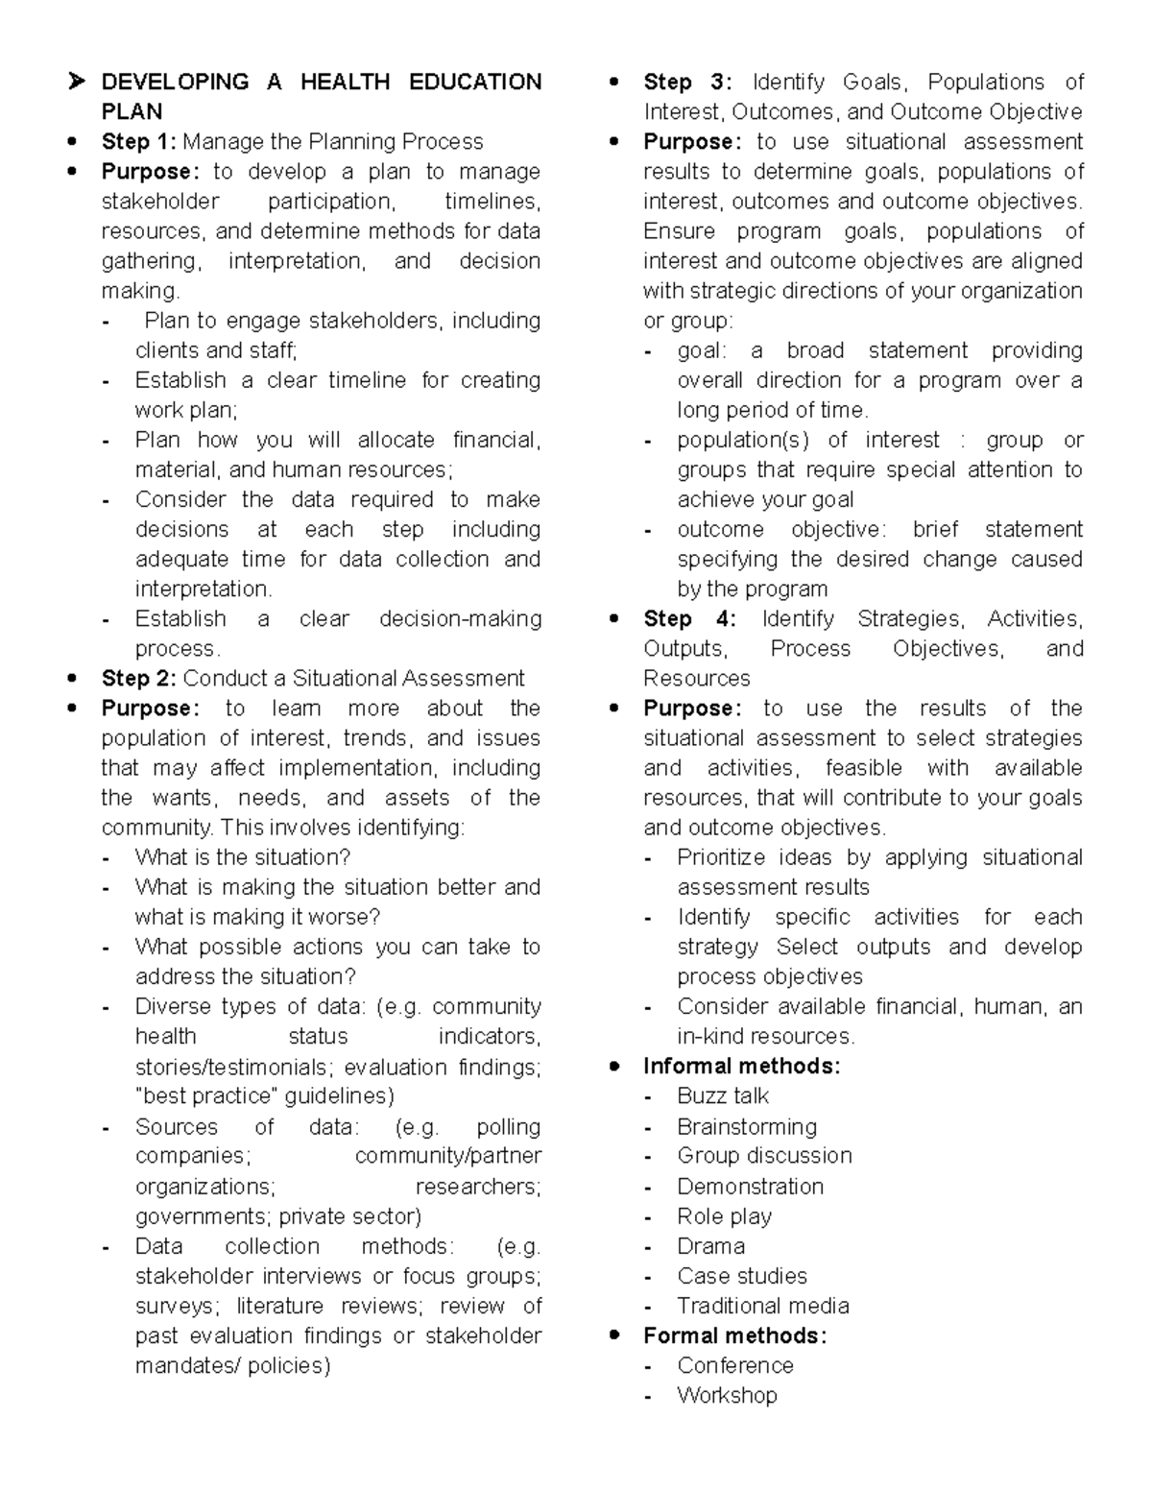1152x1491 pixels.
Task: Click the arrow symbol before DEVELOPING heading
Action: click(76, 83)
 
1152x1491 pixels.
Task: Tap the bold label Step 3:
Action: click(687, 83)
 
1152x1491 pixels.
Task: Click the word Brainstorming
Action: click(747, 1126)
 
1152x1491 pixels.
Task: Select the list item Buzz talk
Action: click(723, 1096)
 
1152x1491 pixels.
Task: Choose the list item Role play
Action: click(724, 1216)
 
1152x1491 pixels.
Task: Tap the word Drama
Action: click(710, 1246)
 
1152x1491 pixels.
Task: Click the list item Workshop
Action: click(727, 1395)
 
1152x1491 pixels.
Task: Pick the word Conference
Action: click(735, 1365)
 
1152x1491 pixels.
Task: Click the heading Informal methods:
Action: click(741, 1067)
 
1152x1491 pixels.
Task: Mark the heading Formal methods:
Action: click(734, 1335)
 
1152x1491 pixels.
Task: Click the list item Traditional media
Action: click(763, 1306)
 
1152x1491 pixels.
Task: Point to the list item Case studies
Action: click(742, 1276)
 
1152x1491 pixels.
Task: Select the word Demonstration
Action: click(750, 1187)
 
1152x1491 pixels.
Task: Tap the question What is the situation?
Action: click(243, 857)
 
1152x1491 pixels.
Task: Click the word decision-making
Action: click(460, 619)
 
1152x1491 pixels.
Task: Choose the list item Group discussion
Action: click(764, 1156)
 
